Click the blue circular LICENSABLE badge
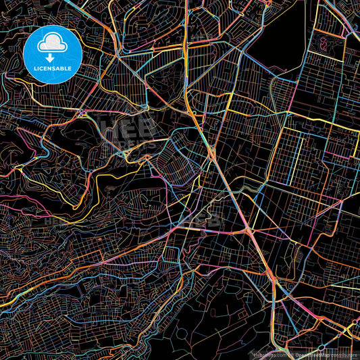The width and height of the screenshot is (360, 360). (x=53, y=55)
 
